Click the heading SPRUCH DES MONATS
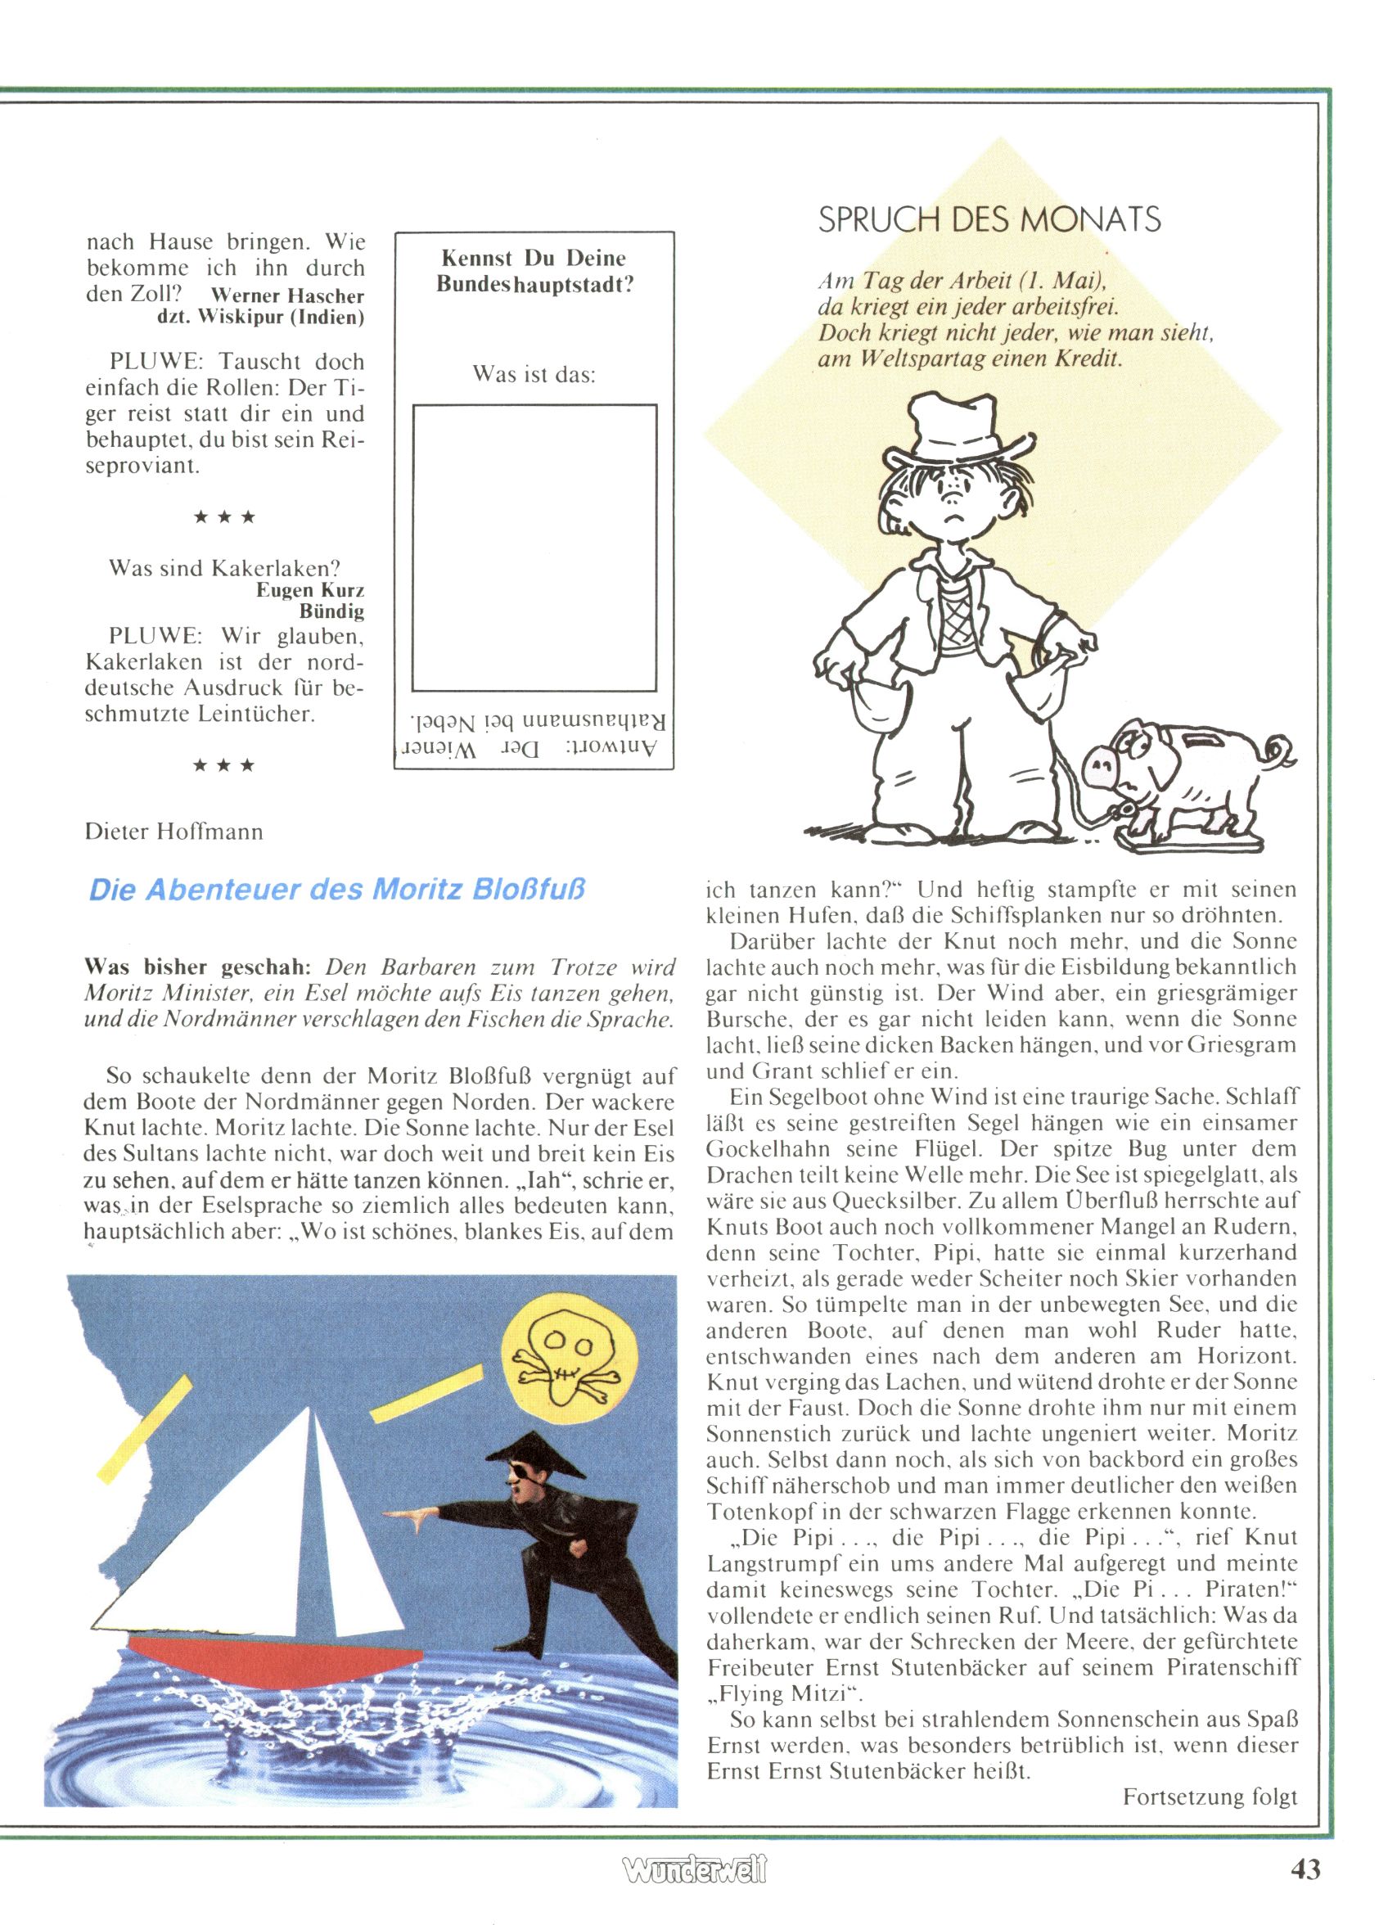(989, 220)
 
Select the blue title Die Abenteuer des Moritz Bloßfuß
(338, 890)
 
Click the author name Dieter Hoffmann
(174, 831)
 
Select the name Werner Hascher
(287, 296)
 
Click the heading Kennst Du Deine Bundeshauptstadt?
(534, 271)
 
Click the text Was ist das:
(534, 374)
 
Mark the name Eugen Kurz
(310, 590)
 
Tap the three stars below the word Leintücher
(224, 765)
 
